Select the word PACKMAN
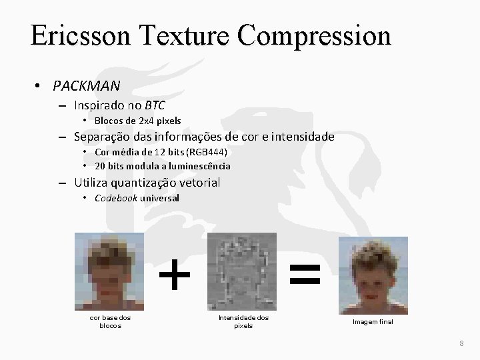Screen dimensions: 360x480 click(x=87, y=86)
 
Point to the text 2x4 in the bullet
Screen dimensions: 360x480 click(x=144, y=121)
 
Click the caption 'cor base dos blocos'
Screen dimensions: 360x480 click(x=110, y=321)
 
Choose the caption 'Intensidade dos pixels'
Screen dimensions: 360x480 click(x=243, y=321)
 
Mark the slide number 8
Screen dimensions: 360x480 click(x=461, y=343)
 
